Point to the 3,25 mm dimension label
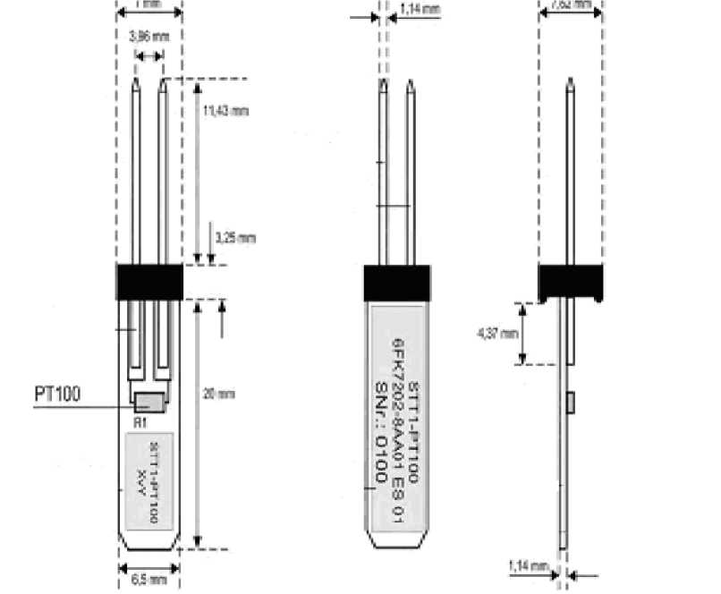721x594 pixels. tap(236, 237)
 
